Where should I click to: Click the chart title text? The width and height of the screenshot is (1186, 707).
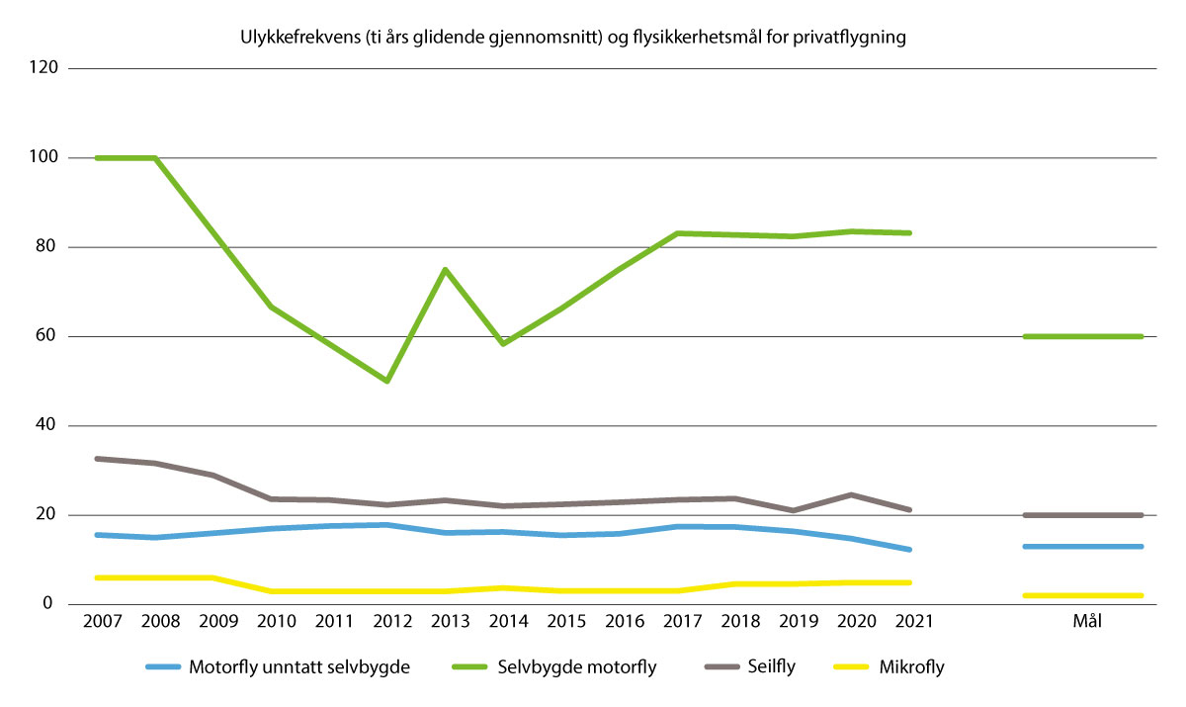pyautogui.click(x=572, y=39)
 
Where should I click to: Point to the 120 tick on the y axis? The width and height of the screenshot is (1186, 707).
pyautogui.click(x=44, y=68)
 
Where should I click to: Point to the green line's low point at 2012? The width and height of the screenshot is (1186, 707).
pyautogui.click(x=387, y=381)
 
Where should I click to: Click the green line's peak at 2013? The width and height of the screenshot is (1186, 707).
pyautogui.click(x=446, y=269)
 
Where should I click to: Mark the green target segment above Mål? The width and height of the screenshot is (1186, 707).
pyautogui.click(x=1083, y=336)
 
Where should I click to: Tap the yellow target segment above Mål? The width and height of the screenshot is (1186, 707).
pyautogui.click(x=1083, y=595)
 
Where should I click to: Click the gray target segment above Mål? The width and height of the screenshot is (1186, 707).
pyautogui.click(x=1083, y=515)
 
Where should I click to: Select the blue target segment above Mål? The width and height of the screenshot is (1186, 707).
pyautogui.click(x=1083, y=547)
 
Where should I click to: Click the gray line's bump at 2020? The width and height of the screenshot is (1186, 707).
pyautogui.click(x=852, y=494)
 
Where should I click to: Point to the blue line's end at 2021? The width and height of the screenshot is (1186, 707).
pyautogui.click(x=909, y=550)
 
